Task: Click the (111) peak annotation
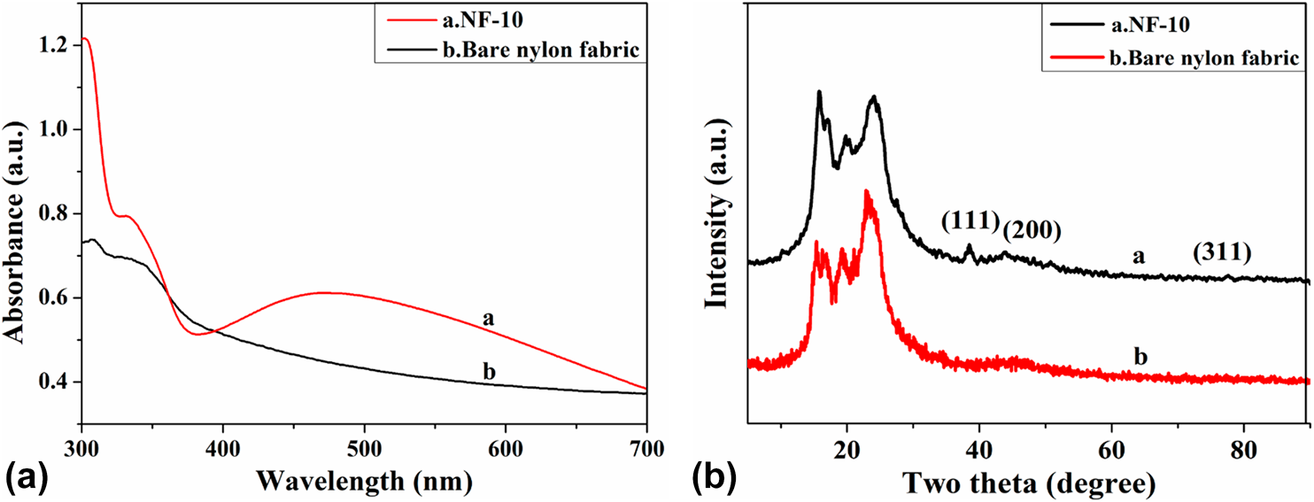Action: pyautogui.click(x=970, y=221)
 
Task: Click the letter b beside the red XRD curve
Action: pyautogui.click(x=1140, y=357)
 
